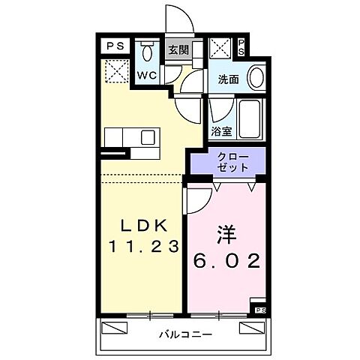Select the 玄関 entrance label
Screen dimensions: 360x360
coord(177,50)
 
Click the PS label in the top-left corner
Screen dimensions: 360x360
coord(115,46)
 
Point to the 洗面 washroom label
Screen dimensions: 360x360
coord(229,77)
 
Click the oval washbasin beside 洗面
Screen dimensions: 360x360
coord(256,78)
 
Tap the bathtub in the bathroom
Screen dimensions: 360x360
coord(249,118)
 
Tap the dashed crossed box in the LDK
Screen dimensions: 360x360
coord(115,72)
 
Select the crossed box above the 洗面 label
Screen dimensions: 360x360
coord(220,49)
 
